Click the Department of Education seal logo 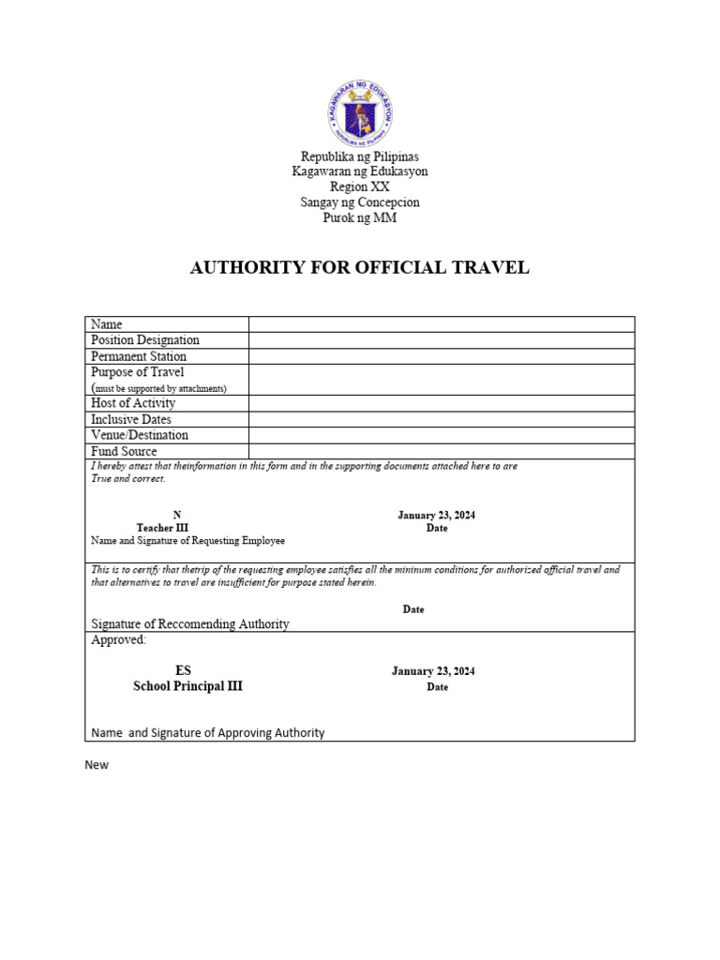click(360, 112)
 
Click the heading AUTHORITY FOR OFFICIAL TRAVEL click(360, 268)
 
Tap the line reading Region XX click(360, 187)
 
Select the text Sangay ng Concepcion click(360, 202)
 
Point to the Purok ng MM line click(360, 218)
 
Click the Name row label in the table click(107, 324)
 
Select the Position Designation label click(145, 340)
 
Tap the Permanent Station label click(139, 356)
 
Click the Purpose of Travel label click(138, 372)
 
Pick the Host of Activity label click(133, 403)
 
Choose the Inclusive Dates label click(131, 419)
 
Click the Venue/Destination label click(140, 435)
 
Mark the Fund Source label click(124, 452)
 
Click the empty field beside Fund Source click(441, 452)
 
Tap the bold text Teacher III click(169, 528)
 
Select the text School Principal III click(187, 686)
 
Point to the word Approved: click(119, 640)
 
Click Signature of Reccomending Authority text click(190, 624)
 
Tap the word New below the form click(97, 765)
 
